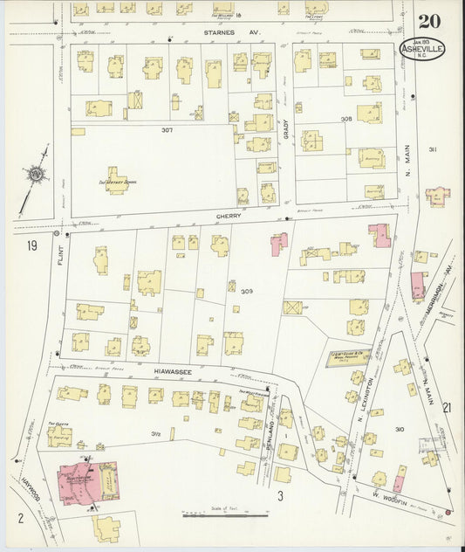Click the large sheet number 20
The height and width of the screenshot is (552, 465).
click(428, 22)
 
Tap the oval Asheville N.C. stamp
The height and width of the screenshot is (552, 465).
click(423, 49)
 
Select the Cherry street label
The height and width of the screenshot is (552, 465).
click(229, 215)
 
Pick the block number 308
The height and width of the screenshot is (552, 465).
click(346, 119)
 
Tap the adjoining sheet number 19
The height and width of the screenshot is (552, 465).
click(31, 246)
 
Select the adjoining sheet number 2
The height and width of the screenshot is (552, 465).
click(19, 518)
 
